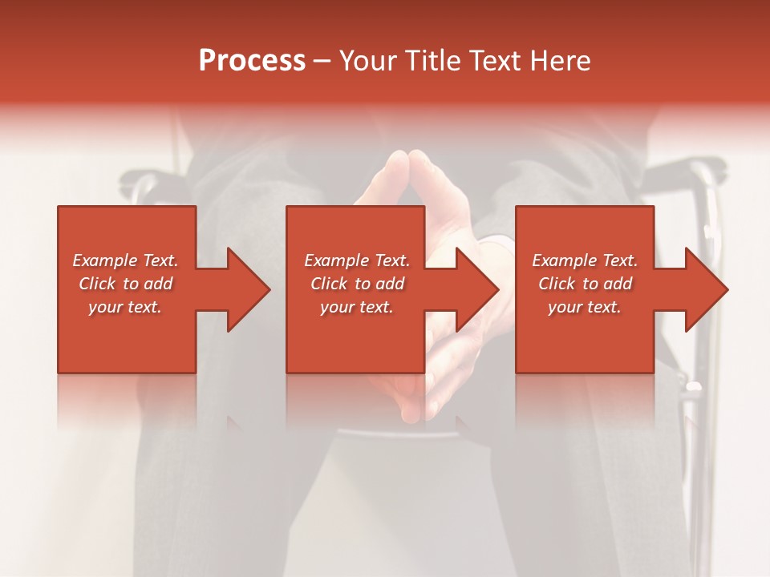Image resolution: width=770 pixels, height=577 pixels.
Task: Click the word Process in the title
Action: [x=252, y=61]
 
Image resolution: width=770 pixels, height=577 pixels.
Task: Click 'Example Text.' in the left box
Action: [x=125, y=260]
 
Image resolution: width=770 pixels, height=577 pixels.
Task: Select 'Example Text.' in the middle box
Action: [x=357, y=260]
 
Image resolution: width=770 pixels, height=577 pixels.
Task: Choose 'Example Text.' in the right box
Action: [x=585, y=260]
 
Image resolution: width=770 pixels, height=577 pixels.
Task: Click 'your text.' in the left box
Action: [x=125, y=307]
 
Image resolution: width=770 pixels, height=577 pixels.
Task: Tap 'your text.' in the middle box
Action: [x=357, y=307]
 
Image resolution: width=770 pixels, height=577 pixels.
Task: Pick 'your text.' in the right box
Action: [x=585, y=307]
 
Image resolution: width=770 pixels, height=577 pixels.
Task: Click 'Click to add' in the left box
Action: [x=125, y=284]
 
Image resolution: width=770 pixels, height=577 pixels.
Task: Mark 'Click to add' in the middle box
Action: [x=357, y=284]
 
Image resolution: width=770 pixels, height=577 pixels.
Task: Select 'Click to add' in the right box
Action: [x=585, y=284]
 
